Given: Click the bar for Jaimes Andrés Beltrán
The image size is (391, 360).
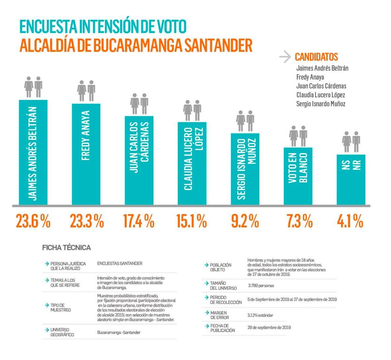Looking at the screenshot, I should coord(33,152).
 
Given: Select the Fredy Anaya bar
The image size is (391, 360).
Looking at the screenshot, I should coord(86,154).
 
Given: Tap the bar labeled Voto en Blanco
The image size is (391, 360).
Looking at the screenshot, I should coord(298,176).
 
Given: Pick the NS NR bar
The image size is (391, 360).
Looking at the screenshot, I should coord(351,180).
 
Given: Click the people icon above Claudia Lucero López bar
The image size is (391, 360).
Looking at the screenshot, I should coord(192,111).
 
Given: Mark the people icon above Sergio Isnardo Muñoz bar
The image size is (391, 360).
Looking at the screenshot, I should coord(245,121).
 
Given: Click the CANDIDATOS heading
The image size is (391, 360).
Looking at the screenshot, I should coord(316,57).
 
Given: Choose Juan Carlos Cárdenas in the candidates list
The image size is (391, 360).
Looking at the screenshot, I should coord(321,86).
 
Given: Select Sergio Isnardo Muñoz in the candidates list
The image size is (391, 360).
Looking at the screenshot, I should coord(321,104).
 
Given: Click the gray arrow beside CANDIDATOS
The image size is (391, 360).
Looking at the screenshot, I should coord(285,57).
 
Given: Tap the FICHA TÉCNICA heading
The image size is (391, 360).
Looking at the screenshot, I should coord(66,248).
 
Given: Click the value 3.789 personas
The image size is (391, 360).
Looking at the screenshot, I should coord(261,286).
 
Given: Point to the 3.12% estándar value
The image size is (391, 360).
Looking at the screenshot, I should coord(260,315).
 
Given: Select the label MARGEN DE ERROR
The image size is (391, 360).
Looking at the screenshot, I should coord(219,315).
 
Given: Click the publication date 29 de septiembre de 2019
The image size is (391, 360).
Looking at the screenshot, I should coord(269,327).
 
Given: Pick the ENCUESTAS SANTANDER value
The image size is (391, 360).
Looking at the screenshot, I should coord(120,263).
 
